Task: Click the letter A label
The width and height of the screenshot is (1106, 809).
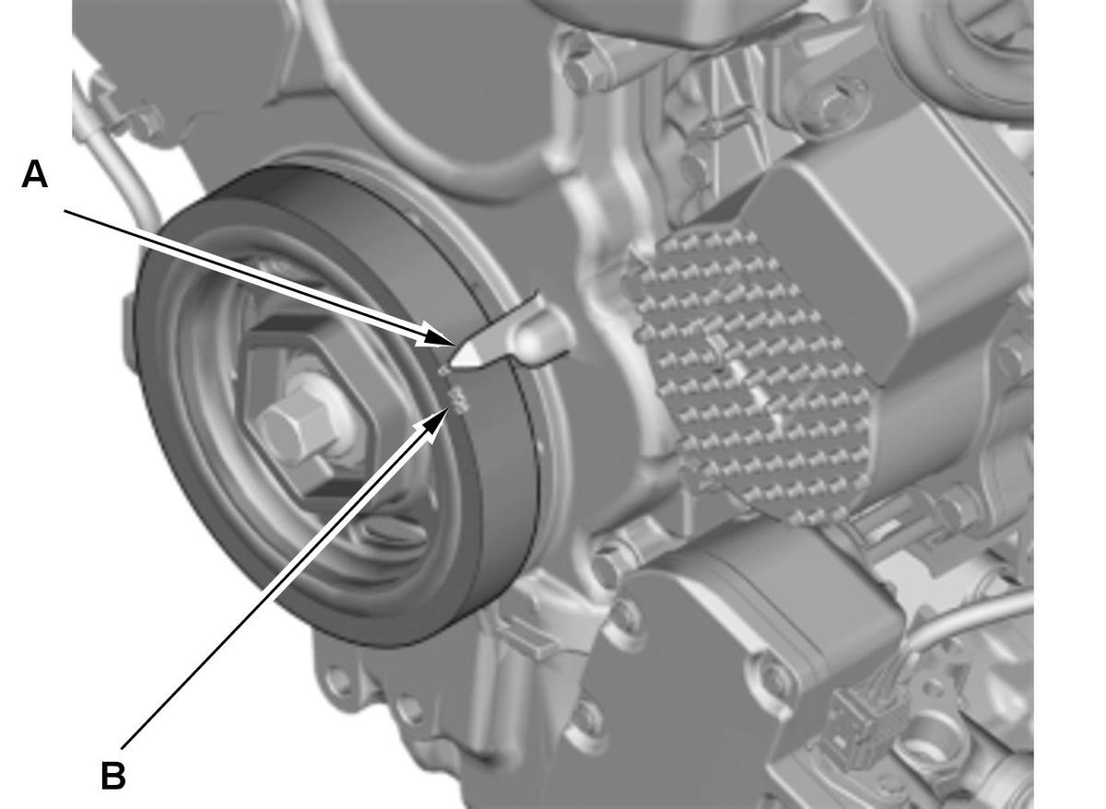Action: coord(35,175)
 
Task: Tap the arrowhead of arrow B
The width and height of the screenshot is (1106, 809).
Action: coord(437,422)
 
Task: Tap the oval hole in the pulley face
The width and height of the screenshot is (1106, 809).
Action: coord(394,534)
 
